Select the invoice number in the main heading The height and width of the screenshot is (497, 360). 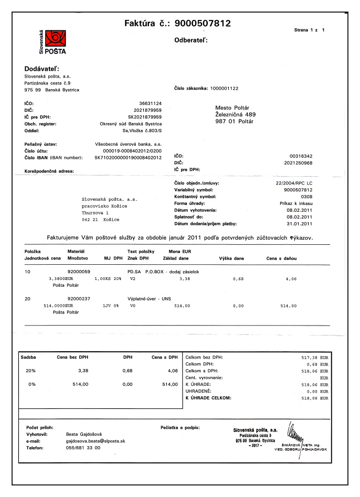pos(202,23)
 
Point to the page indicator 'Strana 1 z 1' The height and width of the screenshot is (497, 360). pos(310,30)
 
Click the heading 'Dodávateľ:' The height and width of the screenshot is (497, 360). pos(42,69)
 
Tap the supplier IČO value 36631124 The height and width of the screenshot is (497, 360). pos(150,103)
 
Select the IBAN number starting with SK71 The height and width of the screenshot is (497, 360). pos(128,157)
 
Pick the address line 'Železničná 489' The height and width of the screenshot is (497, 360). pos(236,114)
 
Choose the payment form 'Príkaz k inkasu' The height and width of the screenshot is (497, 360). pos(297,203)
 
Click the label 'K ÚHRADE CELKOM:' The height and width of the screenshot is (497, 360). pos(208,398)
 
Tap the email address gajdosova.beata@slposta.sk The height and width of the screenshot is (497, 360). pos(95,441)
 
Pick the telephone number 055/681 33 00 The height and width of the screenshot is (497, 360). pos(83,448)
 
